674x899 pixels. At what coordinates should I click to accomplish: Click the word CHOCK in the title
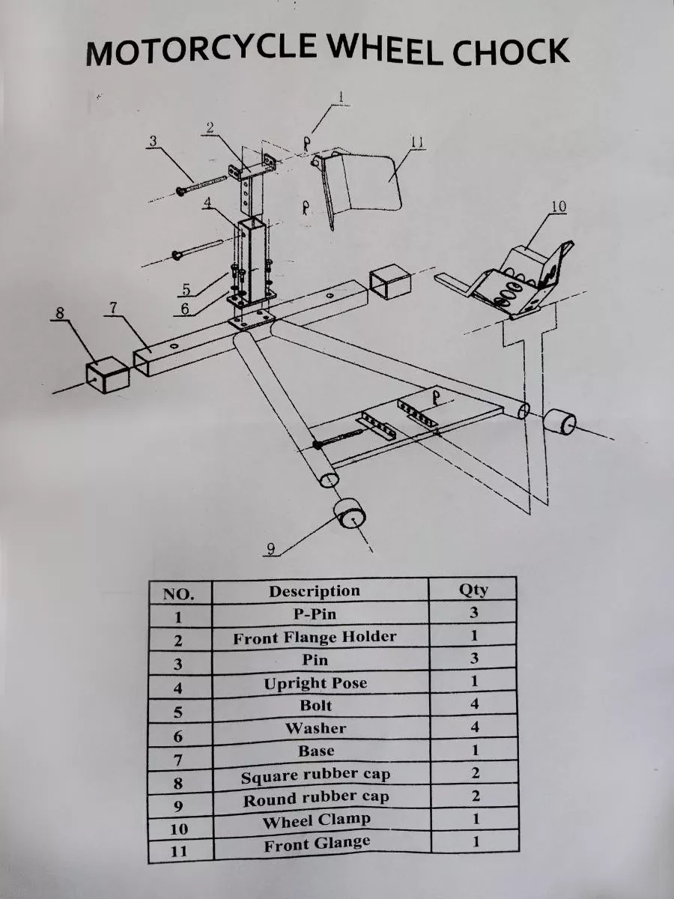[511, 52]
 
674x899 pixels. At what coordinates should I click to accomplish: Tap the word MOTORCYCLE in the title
[201, 49]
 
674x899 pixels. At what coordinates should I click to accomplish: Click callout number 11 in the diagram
[416, 142]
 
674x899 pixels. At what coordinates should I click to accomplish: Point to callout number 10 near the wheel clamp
[558, 206]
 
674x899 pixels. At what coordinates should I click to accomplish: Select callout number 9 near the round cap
[270, 549]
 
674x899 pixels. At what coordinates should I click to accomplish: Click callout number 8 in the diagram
[60, 313]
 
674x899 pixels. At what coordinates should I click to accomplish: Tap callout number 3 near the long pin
[153, 141]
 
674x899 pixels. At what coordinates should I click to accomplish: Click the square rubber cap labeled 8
[108, 375]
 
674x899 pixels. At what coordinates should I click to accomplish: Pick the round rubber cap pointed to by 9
[350, 515]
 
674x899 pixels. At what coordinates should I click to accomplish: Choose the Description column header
[315, 591]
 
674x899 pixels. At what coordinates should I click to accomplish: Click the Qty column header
[473, 590]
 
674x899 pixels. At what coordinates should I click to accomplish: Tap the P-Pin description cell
[315, 614]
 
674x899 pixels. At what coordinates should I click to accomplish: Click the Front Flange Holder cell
[315, 637]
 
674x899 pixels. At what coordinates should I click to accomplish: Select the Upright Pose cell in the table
[315, 682]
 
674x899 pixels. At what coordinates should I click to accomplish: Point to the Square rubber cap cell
[315, 775]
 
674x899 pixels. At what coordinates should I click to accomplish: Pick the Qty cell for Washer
[474, 727]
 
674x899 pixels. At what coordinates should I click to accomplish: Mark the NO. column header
[178, 594]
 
